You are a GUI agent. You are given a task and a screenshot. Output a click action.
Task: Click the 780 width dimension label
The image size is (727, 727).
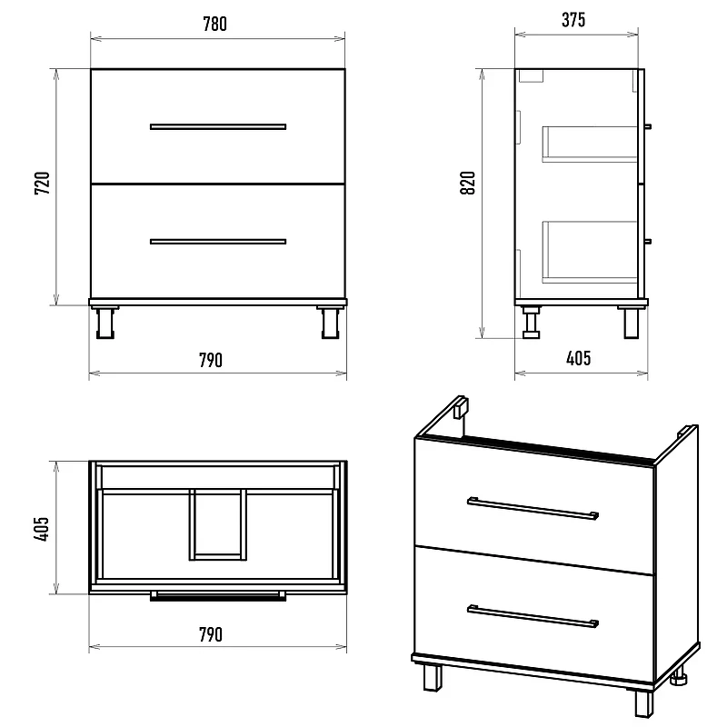pyautogui.click(x=215, y=25)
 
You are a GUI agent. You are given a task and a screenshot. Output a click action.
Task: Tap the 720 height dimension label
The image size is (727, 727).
pyautogui.click(x=42, y=184)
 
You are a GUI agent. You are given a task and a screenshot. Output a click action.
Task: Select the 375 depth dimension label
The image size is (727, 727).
pyautogui.click(x=573, y=20)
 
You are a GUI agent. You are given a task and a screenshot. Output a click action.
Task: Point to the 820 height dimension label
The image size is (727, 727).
pyautogui.click(x=468, y=184)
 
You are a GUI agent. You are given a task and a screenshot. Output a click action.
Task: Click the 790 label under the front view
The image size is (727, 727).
pyautogui.click(x=211, y=360)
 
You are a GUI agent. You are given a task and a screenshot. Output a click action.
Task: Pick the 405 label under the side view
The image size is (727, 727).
pyautogui.click(x=579, y=358)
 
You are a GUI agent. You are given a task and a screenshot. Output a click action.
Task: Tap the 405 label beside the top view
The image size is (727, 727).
pyautogui.click(x=41, y=529)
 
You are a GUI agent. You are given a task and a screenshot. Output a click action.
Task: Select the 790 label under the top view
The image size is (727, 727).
pyautogui.click(x=211, y=634)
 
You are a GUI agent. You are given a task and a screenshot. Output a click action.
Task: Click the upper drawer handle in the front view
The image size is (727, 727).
pyautogui.click(x=218, y=126)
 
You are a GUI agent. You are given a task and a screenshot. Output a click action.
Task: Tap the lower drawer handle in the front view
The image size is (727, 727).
pyautogui.click(x=218, y=242)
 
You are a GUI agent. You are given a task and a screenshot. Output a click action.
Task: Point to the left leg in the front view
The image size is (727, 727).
pyautogui.click(x=105, y=322)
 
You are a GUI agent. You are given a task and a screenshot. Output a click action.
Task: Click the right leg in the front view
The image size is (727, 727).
pyautogui.click(x=331, y=322)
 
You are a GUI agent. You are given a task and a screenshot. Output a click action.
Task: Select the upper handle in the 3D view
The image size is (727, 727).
pyautogui.click(x=533, y=509)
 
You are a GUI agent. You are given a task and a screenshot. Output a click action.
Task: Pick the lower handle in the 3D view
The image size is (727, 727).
pyautogui.click(x=533, y=616)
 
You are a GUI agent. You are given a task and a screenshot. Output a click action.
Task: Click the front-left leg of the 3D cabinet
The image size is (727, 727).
pyautogui.click(x=433, y=678)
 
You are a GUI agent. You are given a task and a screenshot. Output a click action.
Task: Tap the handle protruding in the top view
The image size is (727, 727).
pyautogui.click(x=218, y=596)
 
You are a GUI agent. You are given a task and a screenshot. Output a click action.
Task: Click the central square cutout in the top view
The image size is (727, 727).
pyautogui.click(x=218, y=524)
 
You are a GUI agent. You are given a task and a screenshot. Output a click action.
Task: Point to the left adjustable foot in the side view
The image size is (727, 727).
pyautogui.click(x=532, y=322)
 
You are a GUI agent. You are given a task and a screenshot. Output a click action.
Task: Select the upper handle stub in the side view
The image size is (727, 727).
pyautogui.click(x=648, y=126)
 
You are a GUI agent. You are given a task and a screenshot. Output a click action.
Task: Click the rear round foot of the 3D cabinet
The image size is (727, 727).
pyautogui.click(x=679, y=676)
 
